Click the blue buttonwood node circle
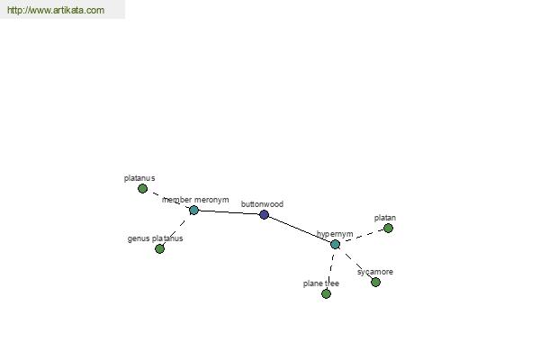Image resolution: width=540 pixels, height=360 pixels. pyautogui.click(x=264, y=214)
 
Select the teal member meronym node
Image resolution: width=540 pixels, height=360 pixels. pyautogui.click(x=193, y=210)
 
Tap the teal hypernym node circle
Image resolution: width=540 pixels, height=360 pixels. pyautogui.click(x=335, y=244)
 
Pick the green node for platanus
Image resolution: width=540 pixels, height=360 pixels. pyautogui.click(x=142, y=188)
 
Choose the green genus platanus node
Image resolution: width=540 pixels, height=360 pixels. pyautogui.click(x=159, y=248)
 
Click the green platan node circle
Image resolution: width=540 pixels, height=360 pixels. pyautogui.click(x=388, y=228)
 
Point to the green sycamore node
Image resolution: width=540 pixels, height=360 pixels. pyautogui.click(x=375, y=282)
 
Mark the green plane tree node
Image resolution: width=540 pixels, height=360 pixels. pyautogui.click(x=326, y=293)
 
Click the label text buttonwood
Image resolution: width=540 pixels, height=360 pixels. pyautogui.click(x=262, y=204)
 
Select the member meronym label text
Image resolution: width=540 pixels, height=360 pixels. pyautogui.click(x=195, y=200)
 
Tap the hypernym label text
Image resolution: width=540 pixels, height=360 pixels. pyautogui.click(x=335, y=234)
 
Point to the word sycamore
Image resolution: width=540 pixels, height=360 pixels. pyautogui.click(x=375, y=272)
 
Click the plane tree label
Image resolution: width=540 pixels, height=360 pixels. pyautogui.click(x=321, y=283)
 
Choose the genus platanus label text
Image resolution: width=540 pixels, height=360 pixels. pyautogui.click(x=155, y=238)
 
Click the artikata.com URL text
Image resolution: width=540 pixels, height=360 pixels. pyautogui.click(x=56, y=10)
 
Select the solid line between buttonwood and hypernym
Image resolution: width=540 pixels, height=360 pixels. pyautogui.click(x=300, y=229)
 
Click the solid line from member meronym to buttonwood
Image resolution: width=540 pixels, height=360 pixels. pyautogui.click(x=229, y=212)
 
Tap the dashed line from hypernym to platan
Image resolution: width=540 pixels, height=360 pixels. pyautogui.click(x=362, y=237)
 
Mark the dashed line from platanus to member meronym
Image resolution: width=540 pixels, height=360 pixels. pyautogui.click(x=168, y=199)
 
